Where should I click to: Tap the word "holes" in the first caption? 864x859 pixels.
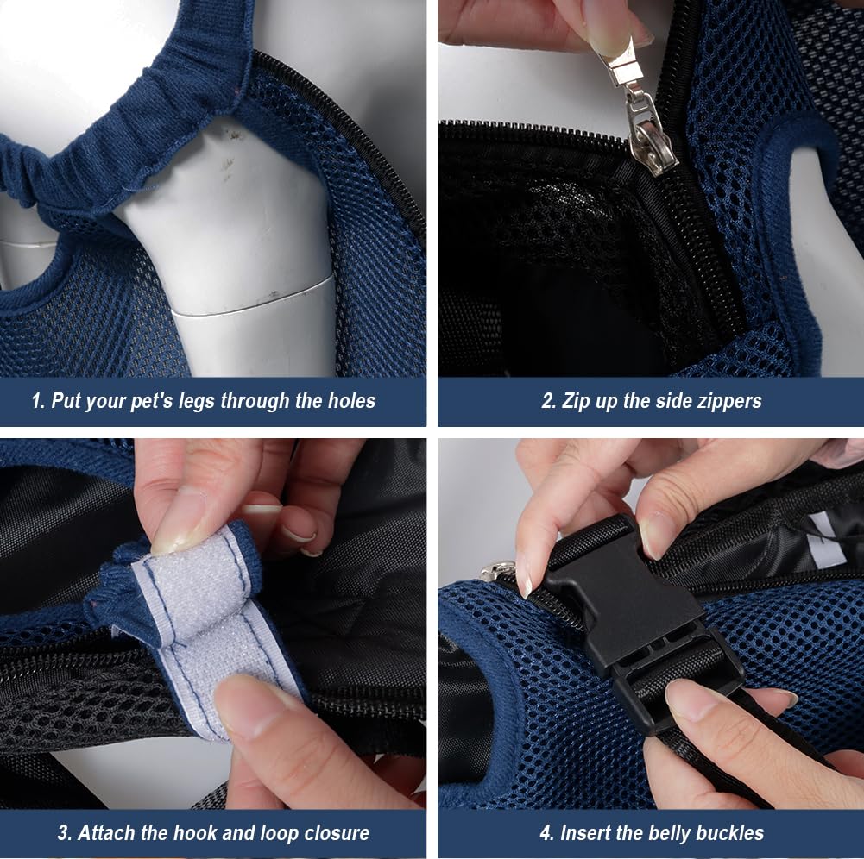tap(348, 401)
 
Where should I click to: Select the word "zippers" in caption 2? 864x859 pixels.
tap(731, 401)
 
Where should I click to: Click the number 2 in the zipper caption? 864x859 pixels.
tap(547, 401)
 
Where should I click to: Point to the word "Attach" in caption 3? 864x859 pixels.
tap(106, 833)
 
